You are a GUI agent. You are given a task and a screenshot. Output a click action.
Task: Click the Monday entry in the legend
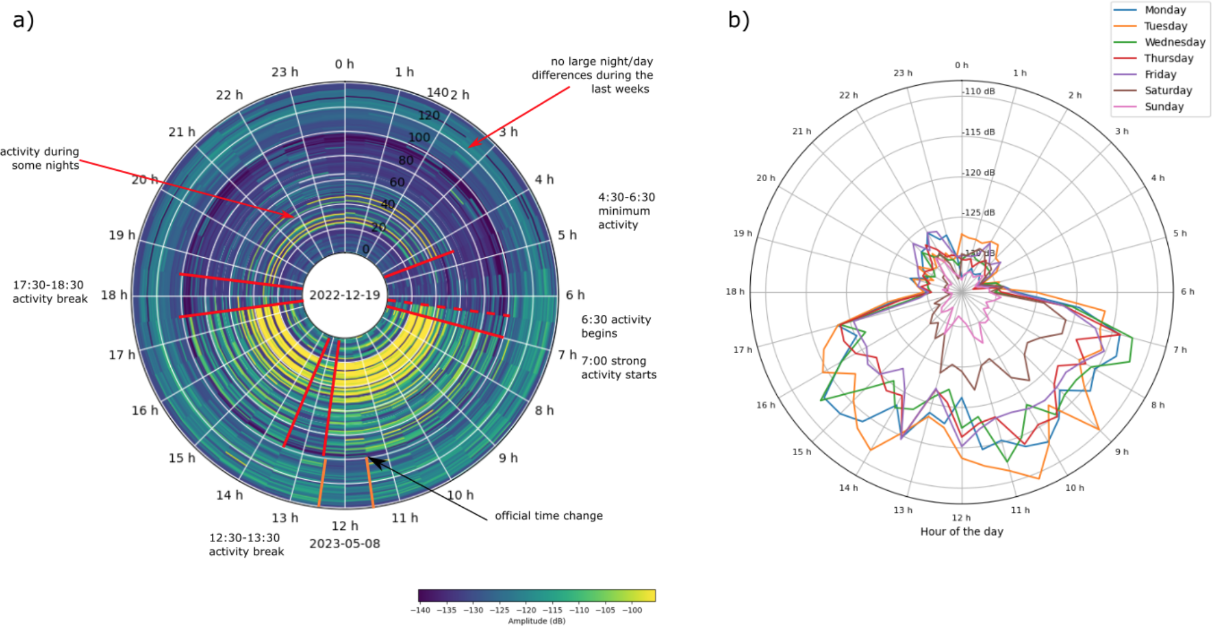click(x=1165, y=10)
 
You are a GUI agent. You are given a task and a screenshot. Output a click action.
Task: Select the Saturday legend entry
click(x=1168, y=91)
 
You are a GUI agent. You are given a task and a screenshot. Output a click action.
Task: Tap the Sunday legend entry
click(x=1164, y=107)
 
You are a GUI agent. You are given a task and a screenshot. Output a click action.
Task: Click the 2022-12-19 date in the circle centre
click(x=345, y=295)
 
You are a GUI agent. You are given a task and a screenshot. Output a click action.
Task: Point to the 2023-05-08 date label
click(x=345, y=543)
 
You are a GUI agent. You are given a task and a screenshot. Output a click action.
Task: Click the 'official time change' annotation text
click(x=549, y=516)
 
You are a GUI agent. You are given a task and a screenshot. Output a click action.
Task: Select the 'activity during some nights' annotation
click(x=40, y=158)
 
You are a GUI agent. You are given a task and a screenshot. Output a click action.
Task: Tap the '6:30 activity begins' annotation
click(x=616, y=326)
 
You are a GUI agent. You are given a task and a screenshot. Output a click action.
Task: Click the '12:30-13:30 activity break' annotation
click(x=246, y=545)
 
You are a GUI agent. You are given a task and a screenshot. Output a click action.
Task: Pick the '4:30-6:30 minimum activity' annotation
click(x=626, y=211)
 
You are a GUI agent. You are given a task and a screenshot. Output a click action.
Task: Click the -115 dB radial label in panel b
click(x=979, y=132)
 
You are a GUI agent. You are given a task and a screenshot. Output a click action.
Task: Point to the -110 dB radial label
click(x=979, y=92)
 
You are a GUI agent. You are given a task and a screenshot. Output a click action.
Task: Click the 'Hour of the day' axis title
click(x=962, y=531)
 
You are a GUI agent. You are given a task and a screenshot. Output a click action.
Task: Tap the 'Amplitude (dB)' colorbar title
click(x=537, y=621)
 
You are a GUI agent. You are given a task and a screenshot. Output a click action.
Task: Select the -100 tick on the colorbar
click(x=632, y=610)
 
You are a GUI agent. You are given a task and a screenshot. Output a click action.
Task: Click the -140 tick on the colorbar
click(x=420, y=610)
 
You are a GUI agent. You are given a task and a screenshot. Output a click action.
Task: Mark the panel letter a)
click(x=23, y=21)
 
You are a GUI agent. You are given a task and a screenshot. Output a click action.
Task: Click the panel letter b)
click(x=738, y=21)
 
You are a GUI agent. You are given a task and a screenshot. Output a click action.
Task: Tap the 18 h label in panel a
click(x=114, y=295)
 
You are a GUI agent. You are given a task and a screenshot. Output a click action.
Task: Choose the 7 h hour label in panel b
click(x=1179, y=350)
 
